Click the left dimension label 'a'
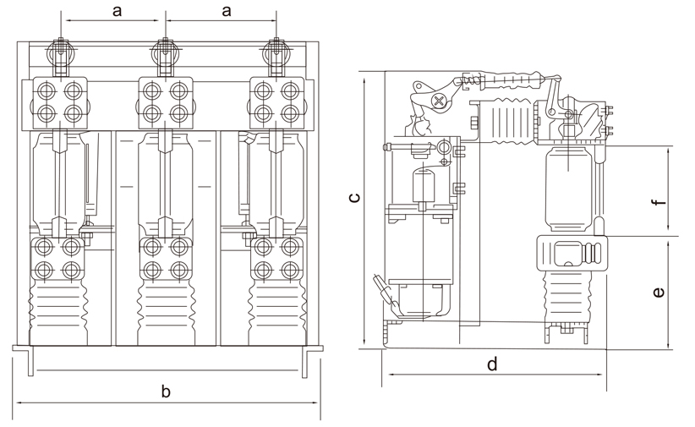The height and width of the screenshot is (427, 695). pyautogui.click(x=118, y=10)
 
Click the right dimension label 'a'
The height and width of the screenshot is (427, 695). pyautogui.click(x=226, y=10)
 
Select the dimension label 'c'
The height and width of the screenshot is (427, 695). pyautogui.click(x=356, y=199)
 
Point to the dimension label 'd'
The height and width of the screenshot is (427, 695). pyautogui.click(x=492, y=364)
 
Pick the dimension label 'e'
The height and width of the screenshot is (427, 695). pyautogui.click(x=659, y=293)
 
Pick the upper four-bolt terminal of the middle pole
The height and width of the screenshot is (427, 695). pyautogui.click(x=166, y=101)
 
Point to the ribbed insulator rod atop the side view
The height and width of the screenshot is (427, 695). pyautogui.click(x=507, y=82)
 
